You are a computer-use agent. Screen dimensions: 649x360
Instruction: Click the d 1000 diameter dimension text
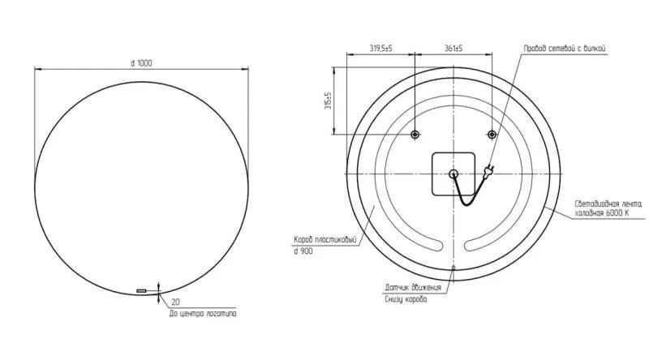141,63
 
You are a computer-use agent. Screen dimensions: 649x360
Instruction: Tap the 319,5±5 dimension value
380,49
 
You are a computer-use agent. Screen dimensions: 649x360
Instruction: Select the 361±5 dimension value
453,49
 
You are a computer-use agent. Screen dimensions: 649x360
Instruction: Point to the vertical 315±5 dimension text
329,101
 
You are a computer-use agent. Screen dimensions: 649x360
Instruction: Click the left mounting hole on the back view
415,134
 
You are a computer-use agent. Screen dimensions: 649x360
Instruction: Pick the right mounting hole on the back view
492,134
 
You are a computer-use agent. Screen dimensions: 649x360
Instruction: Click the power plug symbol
489,170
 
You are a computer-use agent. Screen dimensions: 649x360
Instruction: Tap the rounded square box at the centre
453,174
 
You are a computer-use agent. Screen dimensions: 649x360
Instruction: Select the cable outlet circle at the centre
453,174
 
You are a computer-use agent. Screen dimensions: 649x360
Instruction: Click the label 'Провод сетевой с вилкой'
565,49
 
